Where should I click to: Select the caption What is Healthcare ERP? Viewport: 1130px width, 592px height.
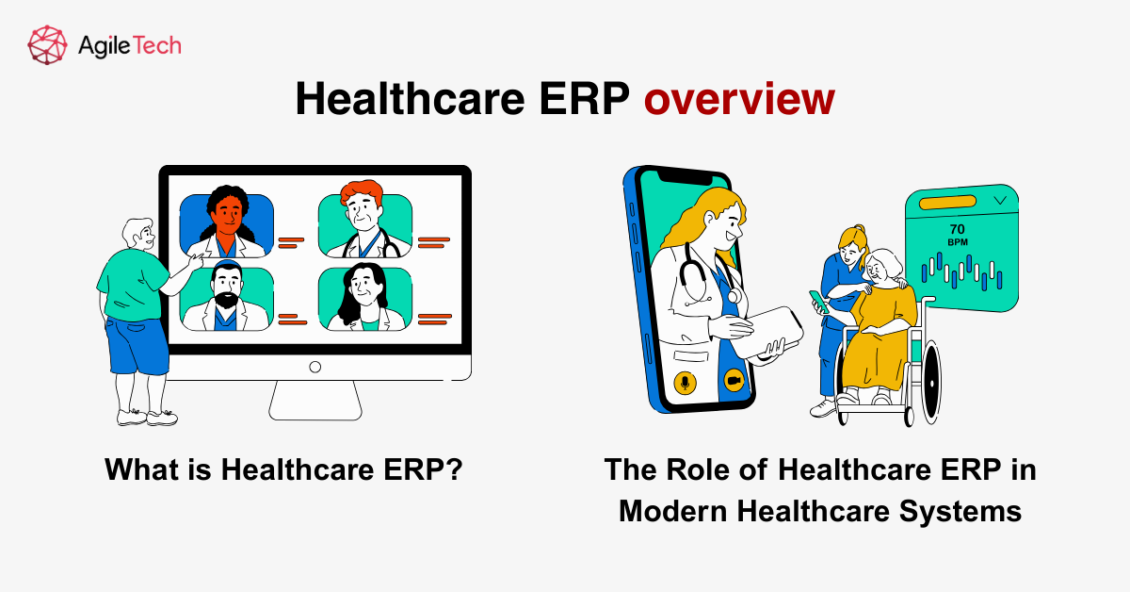pos(283,469)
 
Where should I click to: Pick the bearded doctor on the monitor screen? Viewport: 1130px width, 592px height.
pos(226,296)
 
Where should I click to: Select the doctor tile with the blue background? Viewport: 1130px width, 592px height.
pos(227,224)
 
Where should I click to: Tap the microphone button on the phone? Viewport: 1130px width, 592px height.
pos(684,382)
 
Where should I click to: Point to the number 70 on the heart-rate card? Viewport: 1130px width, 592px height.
pos(957,228)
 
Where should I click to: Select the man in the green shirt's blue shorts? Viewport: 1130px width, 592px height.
pos(137,343)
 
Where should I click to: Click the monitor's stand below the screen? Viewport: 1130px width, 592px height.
pos(315,400)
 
